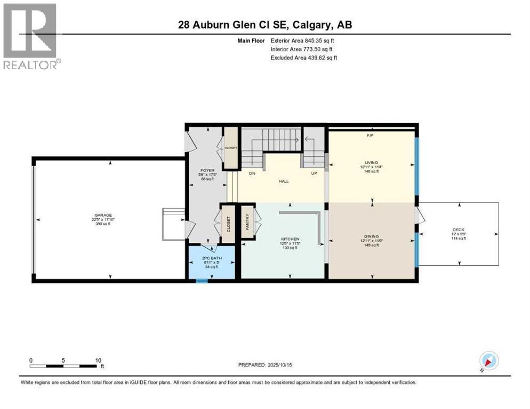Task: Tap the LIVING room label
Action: (x=371, y=162)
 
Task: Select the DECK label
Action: (x=458, y=230)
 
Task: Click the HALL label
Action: (x=284, y=182)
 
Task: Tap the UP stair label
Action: (x=315, y=174)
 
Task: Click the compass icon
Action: (x=488, y=361)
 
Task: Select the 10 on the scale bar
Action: (x=98, y=360)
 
